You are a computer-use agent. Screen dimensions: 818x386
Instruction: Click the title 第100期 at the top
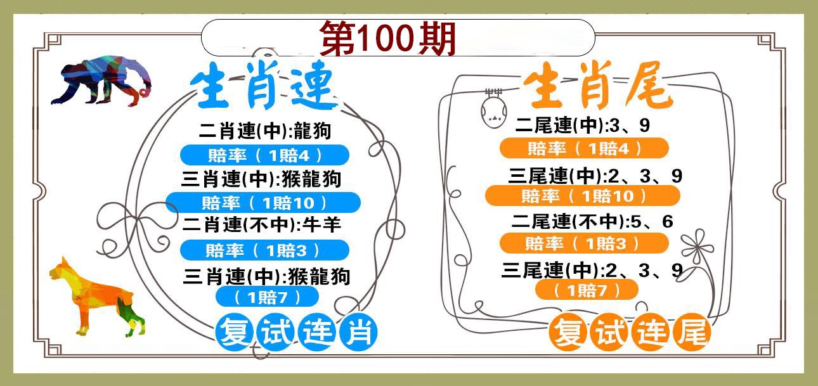pos(388,38)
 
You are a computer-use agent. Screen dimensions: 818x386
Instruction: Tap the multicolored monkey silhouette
pos(101,80)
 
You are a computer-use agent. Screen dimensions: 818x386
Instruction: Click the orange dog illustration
pos(97,297)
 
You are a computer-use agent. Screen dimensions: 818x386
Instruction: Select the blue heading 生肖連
pos(264,85)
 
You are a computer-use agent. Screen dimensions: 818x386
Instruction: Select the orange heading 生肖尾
pos(598,85)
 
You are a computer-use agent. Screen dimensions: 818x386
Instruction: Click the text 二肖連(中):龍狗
pos(265,131)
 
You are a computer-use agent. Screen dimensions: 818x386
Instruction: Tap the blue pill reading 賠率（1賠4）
pos(265,155)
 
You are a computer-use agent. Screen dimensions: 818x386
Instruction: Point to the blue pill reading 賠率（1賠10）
pos(263,202)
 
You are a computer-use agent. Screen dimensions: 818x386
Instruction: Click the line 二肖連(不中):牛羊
pos(262,224)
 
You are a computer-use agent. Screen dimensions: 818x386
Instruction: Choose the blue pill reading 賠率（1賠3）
pos(265,250)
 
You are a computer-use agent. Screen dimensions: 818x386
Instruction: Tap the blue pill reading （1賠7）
pos(267,297)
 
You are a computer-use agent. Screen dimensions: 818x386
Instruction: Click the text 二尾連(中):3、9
pos(583,125)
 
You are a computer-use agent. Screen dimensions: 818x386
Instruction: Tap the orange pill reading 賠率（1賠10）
pos(583,196)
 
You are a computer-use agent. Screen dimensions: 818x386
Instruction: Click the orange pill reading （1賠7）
pos(587,290)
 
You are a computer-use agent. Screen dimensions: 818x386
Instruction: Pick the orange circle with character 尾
pos(691,331)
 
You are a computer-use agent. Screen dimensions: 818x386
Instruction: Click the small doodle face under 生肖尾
pos(493,109)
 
